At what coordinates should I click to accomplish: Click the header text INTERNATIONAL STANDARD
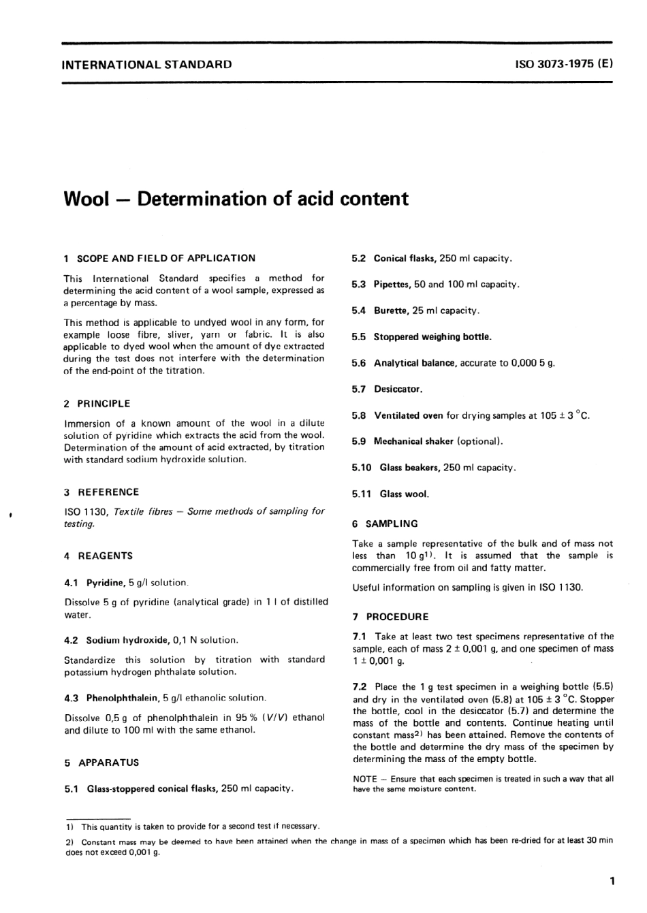coord(146,65)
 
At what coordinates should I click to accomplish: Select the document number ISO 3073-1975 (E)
coord(565,65)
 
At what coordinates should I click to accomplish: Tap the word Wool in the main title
coord(86,199)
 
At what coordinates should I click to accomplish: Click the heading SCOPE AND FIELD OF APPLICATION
coord(166,258)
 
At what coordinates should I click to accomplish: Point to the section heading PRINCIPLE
coord(104,404)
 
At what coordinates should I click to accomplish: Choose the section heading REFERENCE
coord(108,492)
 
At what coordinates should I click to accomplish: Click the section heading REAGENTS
coord(106,556)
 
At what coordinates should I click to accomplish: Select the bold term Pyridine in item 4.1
coord(106,583)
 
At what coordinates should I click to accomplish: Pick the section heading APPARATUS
coord(108,763)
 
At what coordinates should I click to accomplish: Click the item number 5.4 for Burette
coord(359,310)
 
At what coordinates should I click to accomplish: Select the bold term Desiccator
coord(398,389)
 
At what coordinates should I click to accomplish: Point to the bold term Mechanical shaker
coord(413,441)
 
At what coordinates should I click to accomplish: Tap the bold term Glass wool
coord(404,494)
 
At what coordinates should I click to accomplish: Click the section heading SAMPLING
coord(392,524)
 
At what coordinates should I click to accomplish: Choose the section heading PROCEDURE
coord(398,617)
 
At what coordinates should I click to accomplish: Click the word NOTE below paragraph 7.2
coord(364,779)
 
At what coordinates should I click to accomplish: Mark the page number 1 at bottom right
coord(612,882)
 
